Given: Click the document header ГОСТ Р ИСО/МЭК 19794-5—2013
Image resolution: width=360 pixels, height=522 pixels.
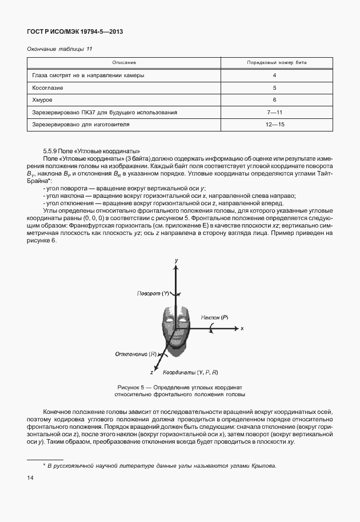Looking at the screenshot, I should pyautogui.click(x=75, y=32).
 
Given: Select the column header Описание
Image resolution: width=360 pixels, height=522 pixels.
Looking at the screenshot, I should pyautogui.click(x=124, y=62).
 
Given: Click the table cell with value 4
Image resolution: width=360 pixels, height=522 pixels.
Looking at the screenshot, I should pyautogui.click(x=274, y=75).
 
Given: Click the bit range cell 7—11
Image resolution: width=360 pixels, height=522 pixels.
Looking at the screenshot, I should pyautogui.click(x=274, y=113).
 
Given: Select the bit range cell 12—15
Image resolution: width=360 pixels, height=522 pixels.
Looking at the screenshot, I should pyautogui.click(x=274, y=124).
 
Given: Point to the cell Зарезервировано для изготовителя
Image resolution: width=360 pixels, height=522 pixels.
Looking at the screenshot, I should pyautogui.click(x=81, y=124).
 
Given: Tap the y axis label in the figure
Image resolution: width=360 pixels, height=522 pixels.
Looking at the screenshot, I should pyautogui.click(x=177, y=260).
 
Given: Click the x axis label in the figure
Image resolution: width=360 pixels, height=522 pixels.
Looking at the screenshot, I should pyautogui.click(x=242, y=329).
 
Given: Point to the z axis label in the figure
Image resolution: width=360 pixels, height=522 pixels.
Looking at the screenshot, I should pyautogui.click(x=151, y=372).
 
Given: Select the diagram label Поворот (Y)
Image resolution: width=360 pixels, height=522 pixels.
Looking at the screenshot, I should pyautogui.click(x=154, y=293).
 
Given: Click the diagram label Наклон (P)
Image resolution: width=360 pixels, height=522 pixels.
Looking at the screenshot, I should pyautogui.click(x=214, y=316).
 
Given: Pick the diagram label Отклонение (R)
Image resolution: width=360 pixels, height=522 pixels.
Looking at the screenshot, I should pyautogui.click(x=136, y=354).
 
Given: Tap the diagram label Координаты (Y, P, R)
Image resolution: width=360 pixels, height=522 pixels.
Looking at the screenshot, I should pyautogui.click(x=190, y=372).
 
